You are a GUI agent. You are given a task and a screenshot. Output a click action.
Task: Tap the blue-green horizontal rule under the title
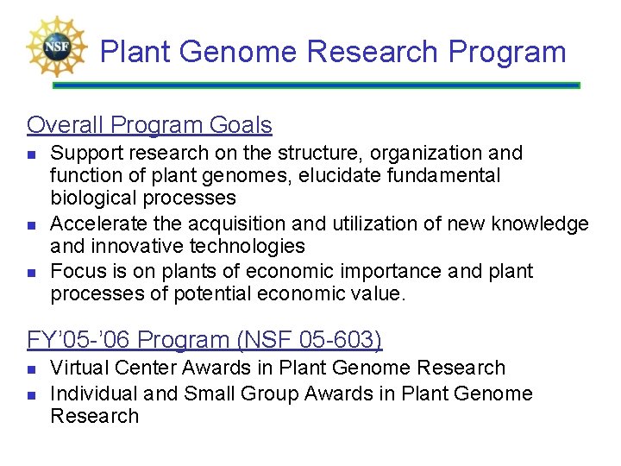pyautogui.click(x=316, y=85)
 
